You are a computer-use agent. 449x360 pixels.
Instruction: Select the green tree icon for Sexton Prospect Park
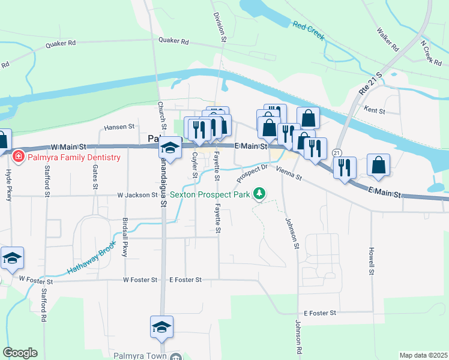point(259,194)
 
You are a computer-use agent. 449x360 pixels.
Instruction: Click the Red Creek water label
point(309,31)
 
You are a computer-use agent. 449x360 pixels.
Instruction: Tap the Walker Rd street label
point(387,38)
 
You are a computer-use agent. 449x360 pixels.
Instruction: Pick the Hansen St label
point(118,127)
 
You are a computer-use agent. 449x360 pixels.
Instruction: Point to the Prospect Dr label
point(251,175)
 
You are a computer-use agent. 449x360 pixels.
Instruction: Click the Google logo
point(20,353)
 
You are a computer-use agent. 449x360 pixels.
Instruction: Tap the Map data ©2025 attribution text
point(423,355)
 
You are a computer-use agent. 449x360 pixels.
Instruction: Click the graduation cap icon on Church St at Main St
point(170,148)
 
